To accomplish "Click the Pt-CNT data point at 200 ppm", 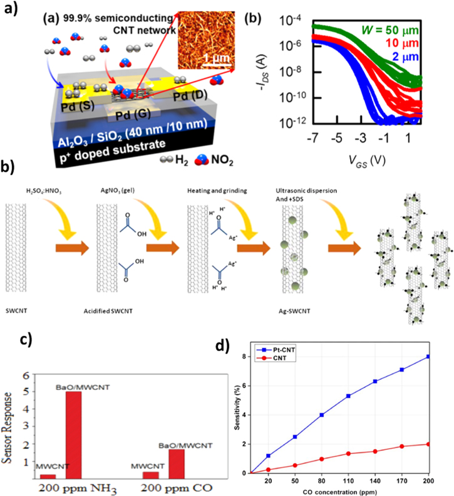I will [428, 356].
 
